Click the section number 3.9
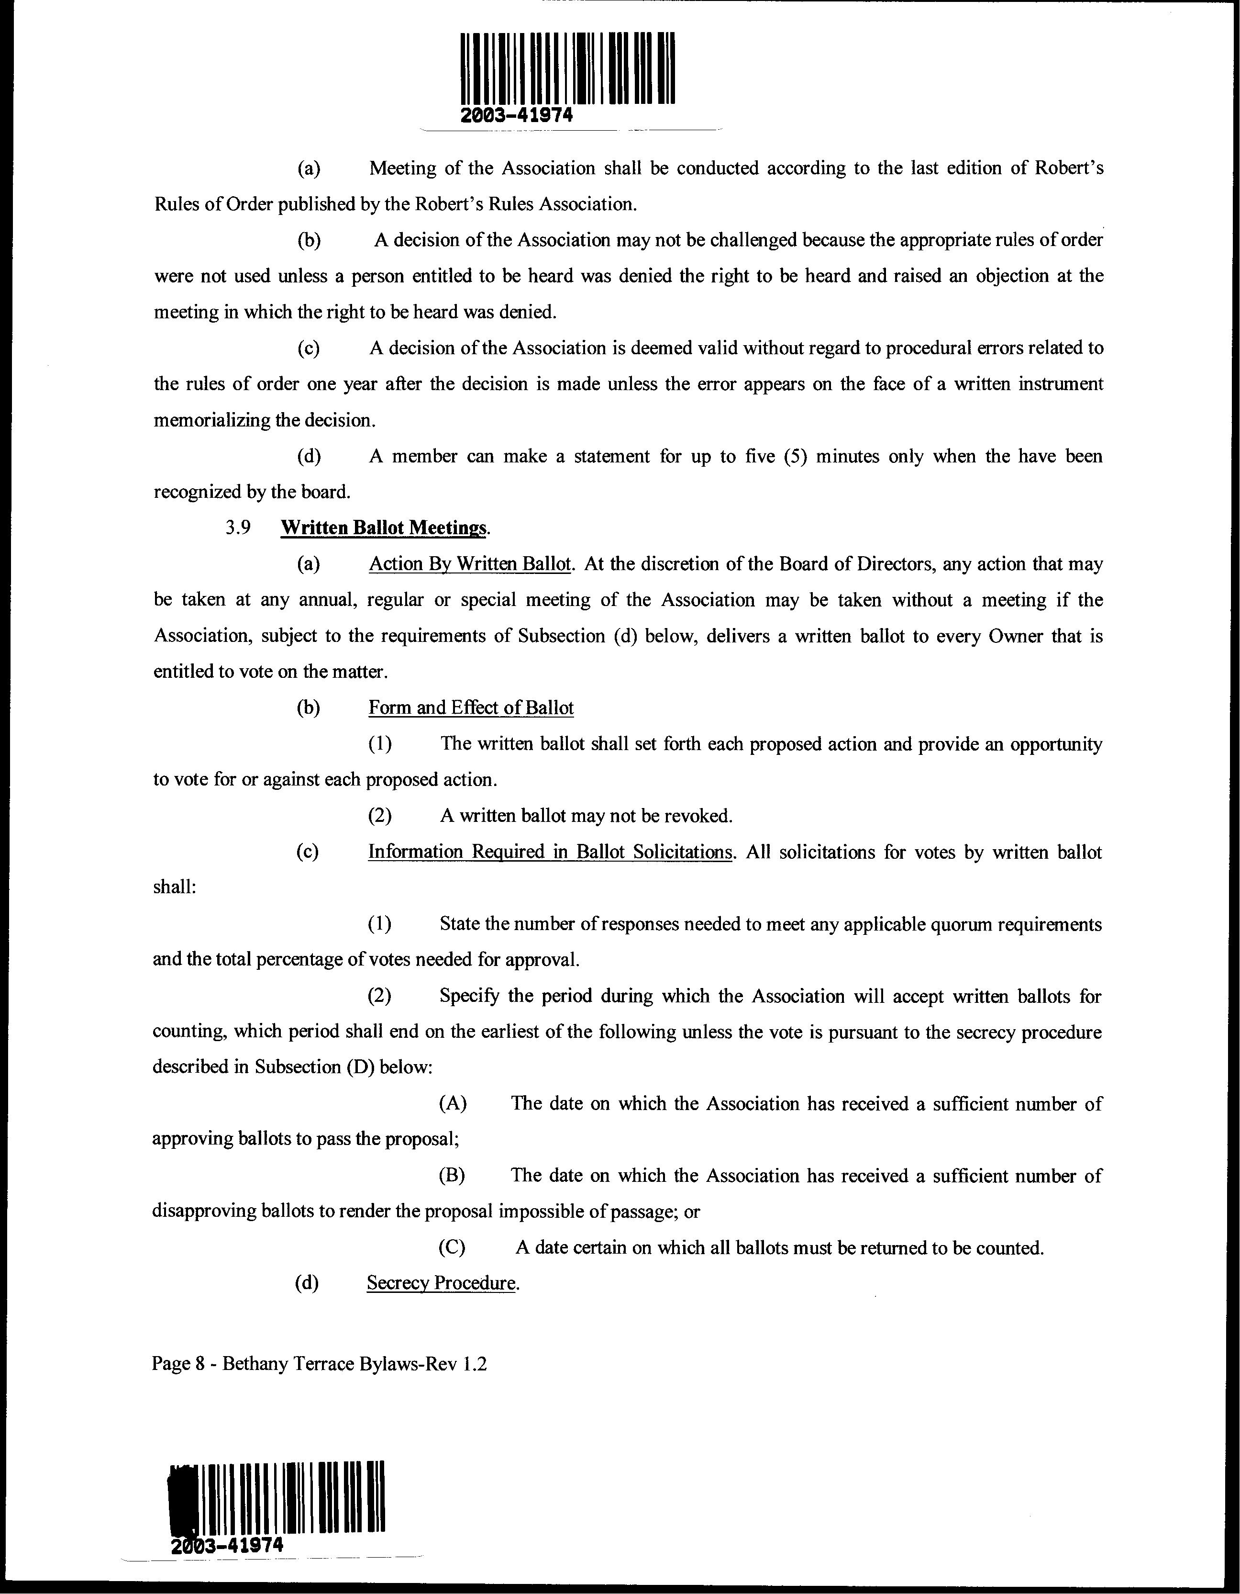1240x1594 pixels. coord(239,528)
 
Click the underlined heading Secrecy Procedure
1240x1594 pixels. coord(441,1282)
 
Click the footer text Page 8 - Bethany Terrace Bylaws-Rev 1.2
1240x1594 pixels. coord(319,1363)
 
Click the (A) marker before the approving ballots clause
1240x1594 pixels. coord(452,1103)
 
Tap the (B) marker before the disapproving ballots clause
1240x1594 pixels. coord(452,1175)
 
